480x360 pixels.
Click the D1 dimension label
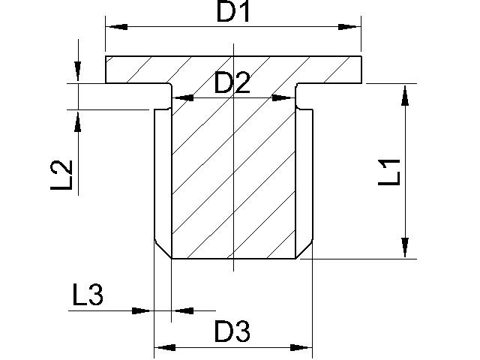pyautogui.click(x=233, y=12)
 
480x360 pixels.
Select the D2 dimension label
pyautogui.click(x=232, y=82)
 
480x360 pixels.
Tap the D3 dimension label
pyautogui.click(x=232, y=331)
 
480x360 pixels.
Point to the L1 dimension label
pyautogui.click(x=389, y=172)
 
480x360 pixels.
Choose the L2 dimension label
pyautogui.click(x=61, y=175)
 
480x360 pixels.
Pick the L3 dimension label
pyautogui.click(x=88, y=295)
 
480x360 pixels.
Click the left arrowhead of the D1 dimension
pyautogui.click(x=116, y=27)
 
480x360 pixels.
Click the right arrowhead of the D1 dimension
pyautogui.click(x=349, y=27)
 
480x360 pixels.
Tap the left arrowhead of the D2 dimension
pyautogui.click(x=183, y=98)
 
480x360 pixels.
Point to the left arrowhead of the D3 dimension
pyautogui.click(x=165, y=347)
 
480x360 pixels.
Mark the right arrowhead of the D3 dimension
pyautogui.click(x=301, y=347)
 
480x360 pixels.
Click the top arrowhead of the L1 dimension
pyautogui.click(x=405, y=95)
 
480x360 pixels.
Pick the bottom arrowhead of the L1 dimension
pyautogui.click(x=405, y=247)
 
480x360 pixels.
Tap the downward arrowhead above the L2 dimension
pyautogui.click(x=78, y=71)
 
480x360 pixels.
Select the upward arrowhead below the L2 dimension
pyautogui.click(x=78, y=121)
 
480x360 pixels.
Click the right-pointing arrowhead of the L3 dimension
pyautogui.click(x=142, y=310)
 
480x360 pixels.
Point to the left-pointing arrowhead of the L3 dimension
pyautogui.click(x=184, y=310)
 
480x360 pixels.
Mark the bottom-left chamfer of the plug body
pyautogui.click(x=163, y=250)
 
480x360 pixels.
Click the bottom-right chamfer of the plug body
pyautogui.click(x=304, y=250)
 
